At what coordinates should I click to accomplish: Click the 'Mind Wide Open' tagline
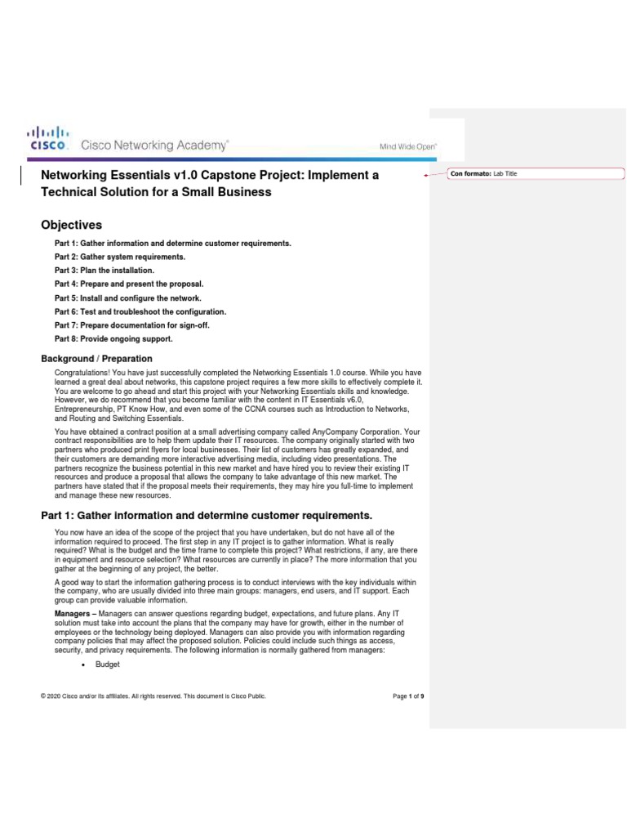[x=407, y=146]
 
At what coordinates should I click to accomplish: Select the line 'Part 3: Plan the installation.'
[x=104, y=270]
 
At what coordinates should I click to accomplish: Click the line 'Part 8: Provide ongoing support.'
[x=113, y=338]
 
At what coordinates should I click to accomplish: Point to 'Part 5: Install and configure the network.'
[x=127, y=298]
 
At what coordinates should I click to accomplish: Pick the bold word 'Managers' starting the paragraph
[x=72, y=611]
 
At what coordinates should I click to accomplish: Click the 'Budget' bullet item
[x=107, y=665]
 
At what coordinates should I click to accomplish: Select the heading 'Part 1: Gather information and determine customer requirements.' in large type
[x=206, y=515]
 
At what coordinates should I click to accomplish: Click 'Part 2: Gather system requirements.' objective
[x=120, y=257]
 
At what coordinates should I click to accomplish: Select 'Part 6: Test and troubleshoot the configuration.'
[x=140, y=311]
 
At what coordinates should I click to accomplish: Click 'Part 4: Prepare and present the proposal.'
[x=128, y=284]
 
